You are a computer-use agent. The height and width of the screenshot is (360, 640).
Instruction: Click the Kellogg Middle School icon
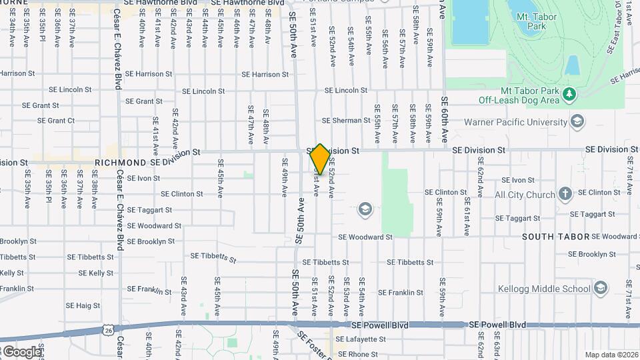pyautogui.click(x=601, y=289)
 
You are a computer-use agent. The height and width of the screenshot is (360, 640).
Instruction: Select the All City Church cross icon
pyautogui.click(x=565, y=195)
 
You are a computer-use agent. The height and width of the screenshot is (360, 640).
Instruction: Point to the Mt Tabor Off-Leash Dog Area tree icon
pyautogui.click(x=569, y=94)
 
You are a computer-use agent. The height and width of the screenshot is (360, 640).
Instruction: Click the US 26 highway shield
pyautogui.click(x=108, y=329)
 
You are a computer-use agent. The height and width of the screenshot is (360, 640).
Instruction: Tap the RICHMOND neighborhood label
pyautogui.click(x=121, y=163)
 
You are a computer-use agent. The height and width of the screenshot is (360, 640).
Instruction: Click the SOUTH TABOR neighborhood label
pyautogui.click(x=547, y=237)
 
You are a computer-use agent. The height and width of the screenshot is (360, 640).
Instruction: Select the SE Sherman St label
pyautogui.click(x=346, y=121)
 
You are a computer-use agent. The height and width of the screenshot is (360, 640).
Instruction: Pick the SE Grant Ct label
pyautogui.click(x=56, y=121)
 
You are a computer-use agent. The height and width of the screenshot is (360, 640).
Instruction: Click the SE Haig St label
pyautogui.click(x=83, y=305)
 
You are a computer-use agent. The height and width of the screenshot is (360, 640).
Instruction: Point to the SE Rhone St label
pyautogui.click(x=356, y=355)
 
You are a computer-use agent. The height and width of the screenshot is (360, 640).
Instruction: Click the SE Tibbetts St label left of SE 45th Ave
pyautogui.click(x=213, y=257)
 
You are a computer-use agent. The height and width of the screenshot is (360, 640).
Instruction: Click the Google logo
pyautogui.click(x=21, y=351)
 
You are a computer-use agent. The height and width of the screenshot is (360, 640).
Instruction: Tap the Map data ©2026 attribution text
pyautogui.click(x=611, y=355)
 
